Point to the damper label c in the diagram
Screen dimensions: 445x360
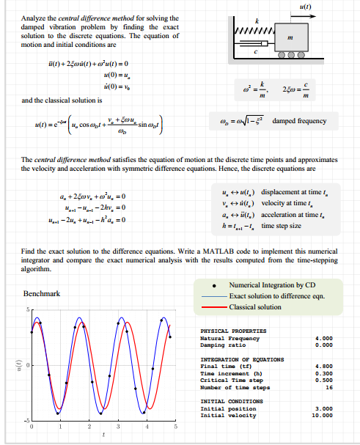(x=254, y=51)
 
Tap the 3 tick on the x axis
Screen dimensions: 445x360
(x=118, y=426)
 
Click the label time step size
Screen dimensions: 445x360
(x=282, y=226)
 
